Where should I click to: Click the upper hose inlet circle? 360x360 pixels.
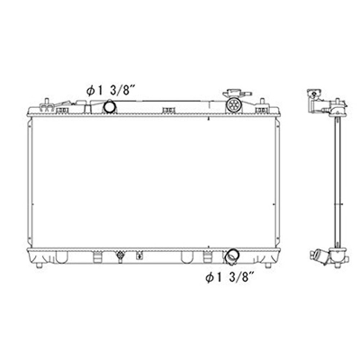(109, 106)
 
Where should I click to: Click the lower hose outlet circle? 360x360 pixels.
(230, 256)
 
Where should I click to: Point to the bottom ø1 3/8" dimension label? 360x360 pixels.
(230, 278)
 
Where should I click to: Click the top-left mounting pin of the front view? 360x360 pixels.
(46, 102)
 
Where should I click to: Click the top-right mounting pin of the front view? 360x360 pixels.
(262, 102)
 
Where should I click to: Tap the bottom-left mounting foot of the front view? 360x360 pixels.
(39, 266)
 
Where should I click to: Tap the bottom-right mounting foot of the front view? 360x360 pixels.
(268, 266)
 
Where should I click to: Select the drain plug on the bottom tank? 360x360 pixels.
(120, 256)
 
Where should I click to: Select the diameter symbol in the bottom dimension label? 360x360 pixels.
(210, 278)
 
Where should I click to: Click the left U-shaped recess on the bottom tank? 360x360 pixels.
(62, 257)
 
